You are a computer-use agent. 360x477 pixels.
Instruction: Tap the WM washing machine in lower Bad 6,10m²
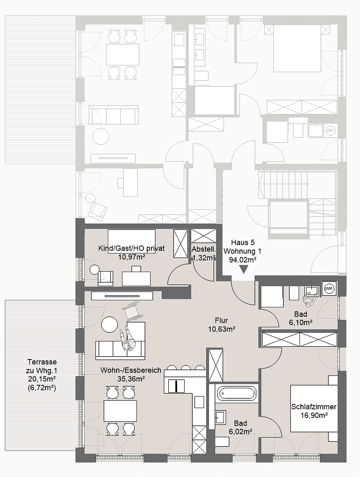click(329, 288)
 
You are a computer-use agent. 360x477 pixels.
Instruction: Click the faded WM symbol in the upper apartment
click(330, 131)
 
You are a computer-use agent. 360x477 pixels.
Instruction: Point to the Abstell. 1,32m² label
click(204, 254)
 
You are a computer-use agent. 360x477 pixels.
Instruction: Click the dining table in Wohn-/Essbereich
click(120, 411)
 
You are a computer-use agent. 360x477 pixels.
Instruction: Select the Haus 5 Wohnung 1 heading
click(243, 251)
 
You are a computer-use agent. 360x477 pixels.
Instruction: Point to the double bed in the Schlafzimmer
click(314, 409)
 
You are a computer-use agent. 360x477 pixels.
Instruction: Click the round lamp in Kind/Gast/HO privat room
click(95, 269)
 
